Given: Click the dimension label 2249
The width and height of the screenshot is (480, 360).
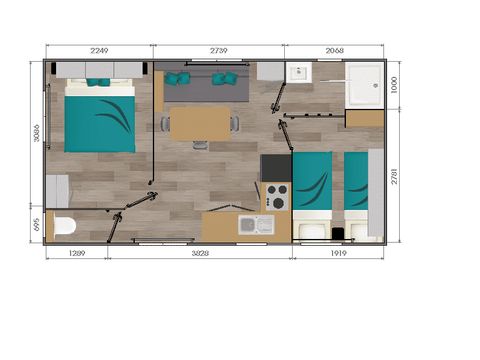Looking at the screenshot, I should tap(99, 51).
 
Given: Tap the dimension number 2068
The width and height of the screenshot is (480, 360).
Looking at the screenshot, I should tap(335, 51).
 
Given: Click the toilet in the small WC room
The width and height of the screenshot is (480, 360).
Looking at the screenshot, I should tap(64, 225).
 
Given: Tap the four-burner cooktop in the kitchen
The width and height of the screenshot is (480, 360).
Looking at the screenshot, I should tap(276, 195).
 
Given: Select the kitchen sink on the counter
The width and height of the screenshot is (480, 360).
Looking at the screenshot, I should tap(255, 225).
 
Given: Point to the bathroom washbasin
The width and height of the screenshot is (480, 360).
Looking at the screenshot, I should tap(298, 73).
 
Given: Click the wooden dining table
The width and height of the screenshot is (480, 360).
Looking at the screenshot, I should tap(200, 123).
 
